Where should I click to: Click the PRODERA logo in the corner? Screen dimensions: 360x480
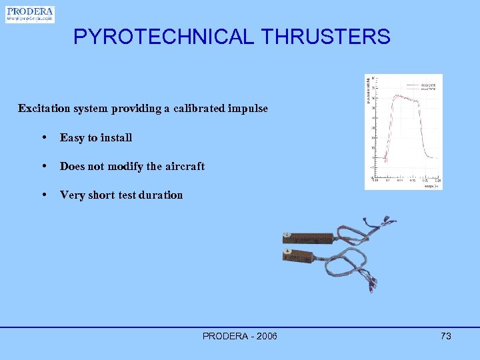point(30,15)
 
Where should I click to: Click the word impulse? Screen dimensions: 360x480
point(248,108)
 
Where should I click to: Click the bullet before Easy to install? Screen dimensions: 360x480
point(43,137)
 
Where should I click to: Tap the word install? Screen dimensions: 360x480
point(116,137)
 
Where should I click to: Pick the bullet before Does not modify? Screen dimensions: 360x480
point(43,166)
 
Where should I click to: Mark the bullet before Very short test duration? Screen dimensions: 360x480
point(43,195)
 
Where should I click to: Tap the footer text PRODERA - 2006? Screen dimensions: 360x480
point(240,336)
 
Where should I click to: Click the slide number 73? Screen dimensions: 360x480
point(446,336)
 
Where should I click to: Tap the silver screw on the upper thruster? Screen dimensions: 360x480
point(287,235)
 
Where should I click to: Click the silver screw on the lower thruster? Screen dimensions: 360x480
point(288,253)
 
